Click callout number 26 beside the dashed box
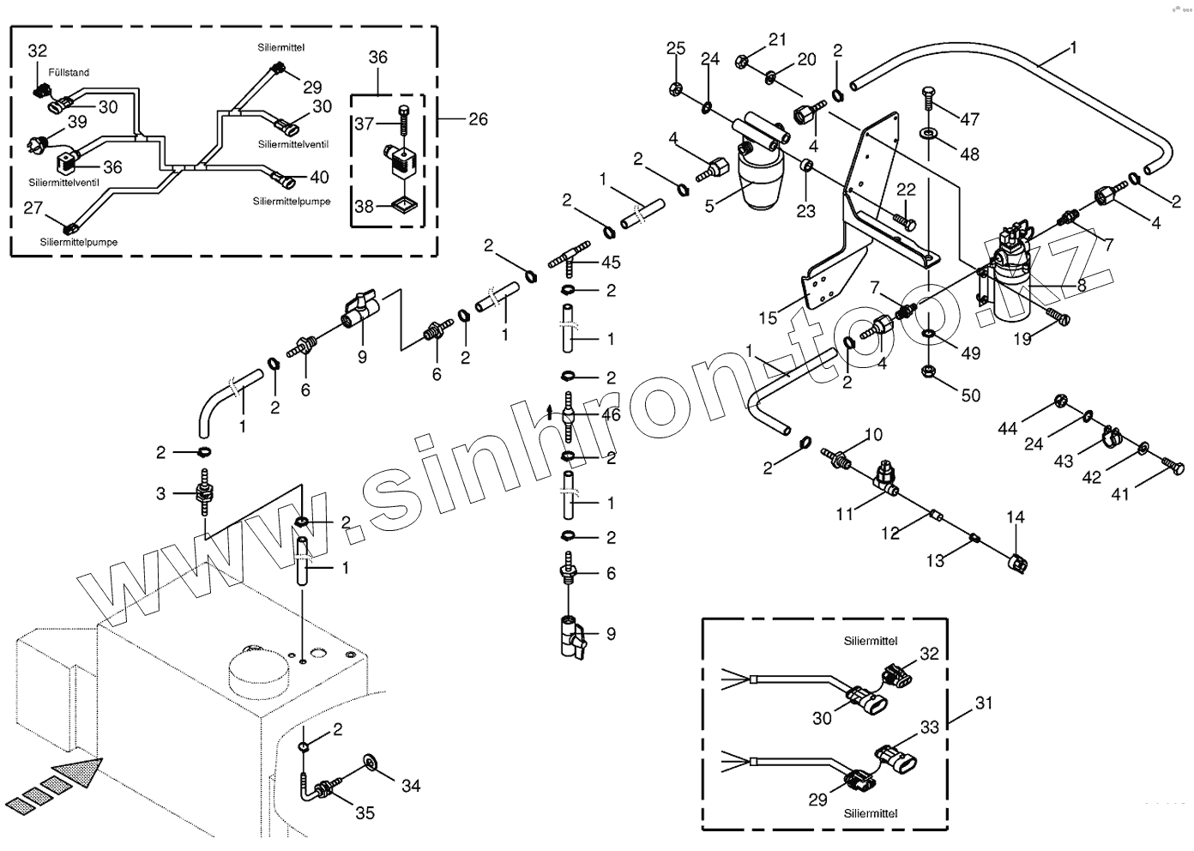click(478, 119)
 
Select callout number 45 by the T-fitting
click(611, 262)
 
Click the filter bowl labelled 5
click(759, 184)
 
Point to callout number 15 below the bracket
click(768, 318)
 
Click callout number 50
click(970, 395)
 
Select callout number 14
click(1016, 517)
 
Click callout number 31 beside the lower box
click(984, 703)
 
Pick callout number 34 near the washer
click(411, 785)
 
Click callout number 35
click(365, 812)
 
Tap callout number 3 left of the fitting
click(160, 493)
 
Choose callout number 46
click(611, 416)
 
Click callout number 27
click(33, 208)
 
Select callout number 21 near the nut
click(777, 39)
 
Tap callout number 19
click(1022, 339)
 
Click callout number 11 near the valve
click(846, 514)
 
